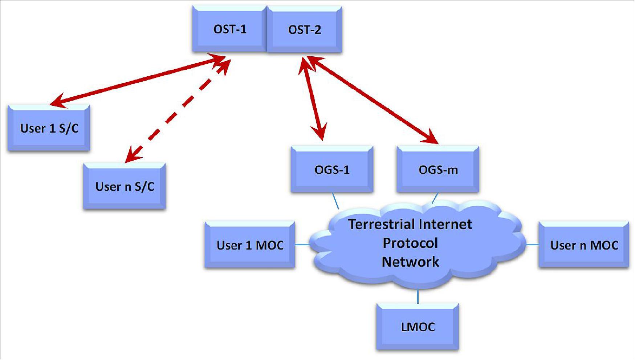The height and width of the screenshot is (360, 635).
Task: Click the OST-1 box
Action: click(x=229, y=29)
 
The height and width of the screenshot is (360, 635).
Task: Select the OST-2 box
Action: click(x=304, y=29)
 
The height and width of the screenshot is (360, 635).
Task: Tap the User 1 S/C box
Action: click(x=49, y=128)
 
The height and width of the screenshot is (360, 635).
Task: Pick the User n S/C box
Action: click(x=125, y=186)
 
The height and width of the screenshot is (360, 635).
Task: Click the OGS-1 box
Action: click(x=332, y=169)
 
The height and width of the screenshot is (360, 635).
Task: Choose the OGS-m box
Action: click(x=438, y=169)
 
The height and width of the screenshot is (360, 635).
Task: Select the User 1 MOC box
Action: click(x=250, y=245)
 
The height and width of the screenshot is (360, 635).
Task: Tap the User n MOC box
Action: click(x=584, y=245)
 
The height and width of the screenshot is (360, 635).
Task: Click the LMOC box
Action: click(x=418, y=327)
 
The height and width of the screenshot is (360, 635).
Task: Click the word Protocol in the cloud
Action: click(x=410, y=243)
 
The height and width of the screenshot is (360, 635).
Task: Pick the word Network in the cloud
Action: click(x=410, y=262)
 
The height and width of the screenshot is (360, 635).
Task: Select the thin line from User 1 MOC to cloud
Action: click(x=302, y=244)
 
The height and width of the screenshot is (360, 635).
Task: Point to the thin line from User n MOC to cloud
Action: click(x=532, y=244)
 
